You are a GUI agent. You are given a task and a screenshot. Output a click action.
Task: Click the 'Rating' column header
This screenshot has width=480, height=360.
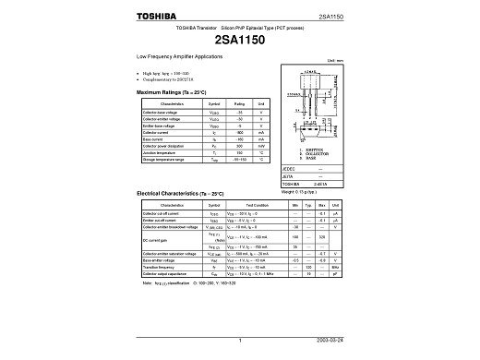238,103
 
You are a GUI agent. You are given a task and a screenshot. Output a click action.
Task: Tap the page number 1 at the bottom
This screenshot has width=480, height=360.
239,341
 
